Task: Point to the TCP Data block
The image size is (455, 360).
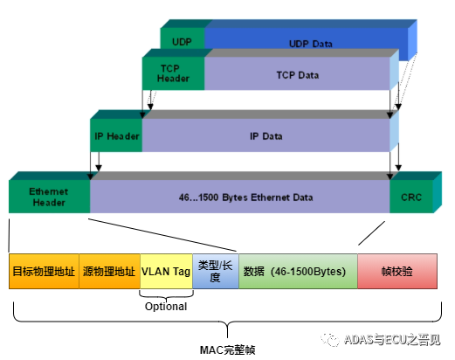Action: [x=297, y=75]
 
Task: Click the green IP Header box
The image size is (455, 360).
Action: [x=117, y=136]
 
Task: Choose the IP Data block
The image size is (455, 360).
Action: [x=265, y=136]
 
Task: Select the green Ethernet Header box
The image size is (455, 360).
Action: [x=49, y=197]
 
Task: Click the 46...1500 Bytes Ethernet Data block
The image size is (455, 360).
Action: [x=240, y=197]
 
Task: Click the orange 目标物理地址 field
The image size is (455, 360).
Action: [x=44, y=272]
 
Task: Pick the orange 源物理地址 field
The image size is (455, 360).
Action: [x=109, y=272]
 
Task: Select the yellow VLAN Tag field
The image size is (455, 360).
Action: [x=166, y=272]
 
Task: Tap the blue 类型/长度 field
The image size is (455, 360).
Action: [x=215, y=272]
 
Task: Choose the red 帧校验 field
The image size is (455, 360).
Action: [x=396, y=272]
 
